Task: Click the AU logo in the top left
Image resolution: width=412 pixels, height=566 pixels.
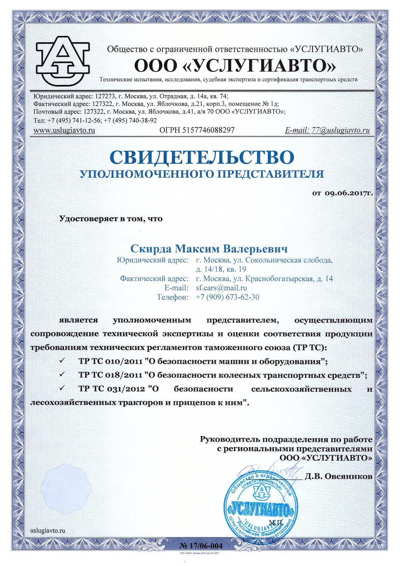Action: click(x=63, y=60)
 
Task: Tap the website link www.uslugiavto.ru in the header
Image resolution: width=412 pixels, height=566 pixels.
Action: click(x=64, y=130)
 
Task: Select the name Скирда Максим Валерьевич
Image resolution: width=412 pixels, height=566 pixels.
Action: click(x=208, y=248)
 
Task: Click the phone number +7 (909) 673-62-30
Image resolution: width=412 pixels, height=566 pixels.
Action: click(x=227, y=297)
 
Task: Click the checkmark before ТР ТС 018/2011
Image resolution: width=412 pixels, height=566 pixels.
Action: click(x=62, y=375)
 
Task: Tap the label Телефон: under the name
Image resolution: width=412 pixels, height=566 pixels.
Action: click(x=172, y=297)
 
